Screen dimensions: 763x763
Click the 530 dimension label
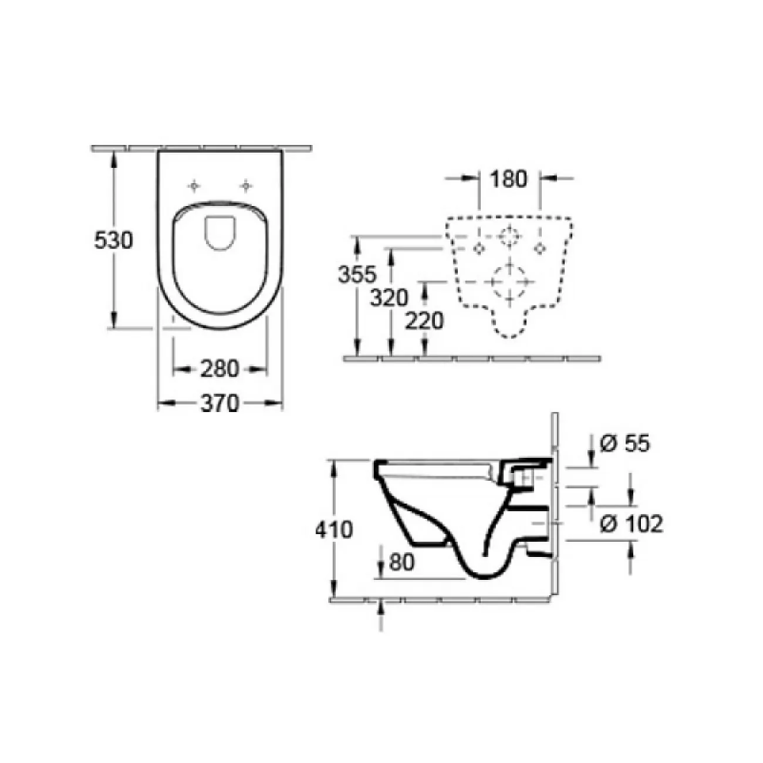113,240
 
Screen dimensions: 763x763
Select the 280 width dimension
220,369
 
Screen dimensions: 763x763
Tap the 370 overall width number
220,403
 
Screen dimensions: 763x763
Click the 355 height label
357,274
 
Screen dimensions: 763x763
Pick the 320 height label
389,298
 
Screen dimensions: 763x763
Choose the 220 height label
424,321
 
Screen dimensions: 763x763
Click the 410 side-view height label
334,529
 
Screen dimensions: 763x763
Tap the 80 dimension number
401,562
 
